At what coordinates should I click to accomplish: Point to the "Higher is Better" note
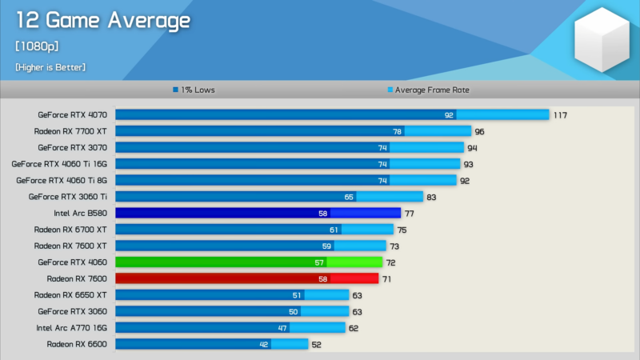click(50, 67)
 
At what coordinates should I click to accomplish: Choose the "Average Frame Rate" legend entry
click(427, 90)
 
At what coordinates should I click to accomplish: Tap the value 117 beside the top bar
click(560, 115)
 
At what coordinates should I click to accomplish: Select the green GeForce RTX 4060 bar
click(249, 262)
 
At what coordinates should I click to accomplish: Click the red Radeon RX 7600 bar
click(246, 278)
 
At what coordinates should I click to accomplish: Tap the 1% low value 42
click(263, 344)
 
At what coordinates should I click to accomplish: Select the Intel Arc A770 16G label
click(72, 327)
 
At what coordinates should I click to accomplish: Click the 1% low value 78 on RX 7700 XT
click(397, 131)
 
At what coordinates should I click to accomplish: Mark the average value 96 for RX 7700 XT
click(480, 131)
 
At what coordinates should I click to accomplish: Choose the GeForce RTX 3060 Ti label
click(68, 196)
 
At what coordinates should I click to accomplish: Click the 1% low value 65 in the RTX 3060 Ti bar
click(349, 197)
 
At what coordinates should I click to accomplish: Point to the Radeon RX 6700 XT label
click(70, 229)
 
